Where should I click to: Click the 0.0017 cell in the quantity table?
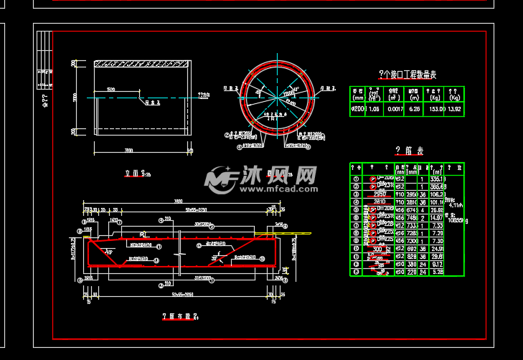pos(394,110)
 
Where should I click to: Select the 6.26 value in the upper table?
pos(413,110)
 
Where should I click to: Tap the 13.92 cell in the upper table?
pos(454,110)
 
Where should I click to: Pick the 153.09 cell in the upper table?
pos(434,110)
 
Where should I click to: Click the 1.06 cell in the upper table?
pos(374,110)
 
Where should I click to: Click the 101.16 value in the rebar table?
pos(438,202)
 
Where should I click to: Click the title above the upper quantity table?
pos(407,75)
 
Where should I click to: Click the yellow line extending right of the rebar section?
pos(300,232)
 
